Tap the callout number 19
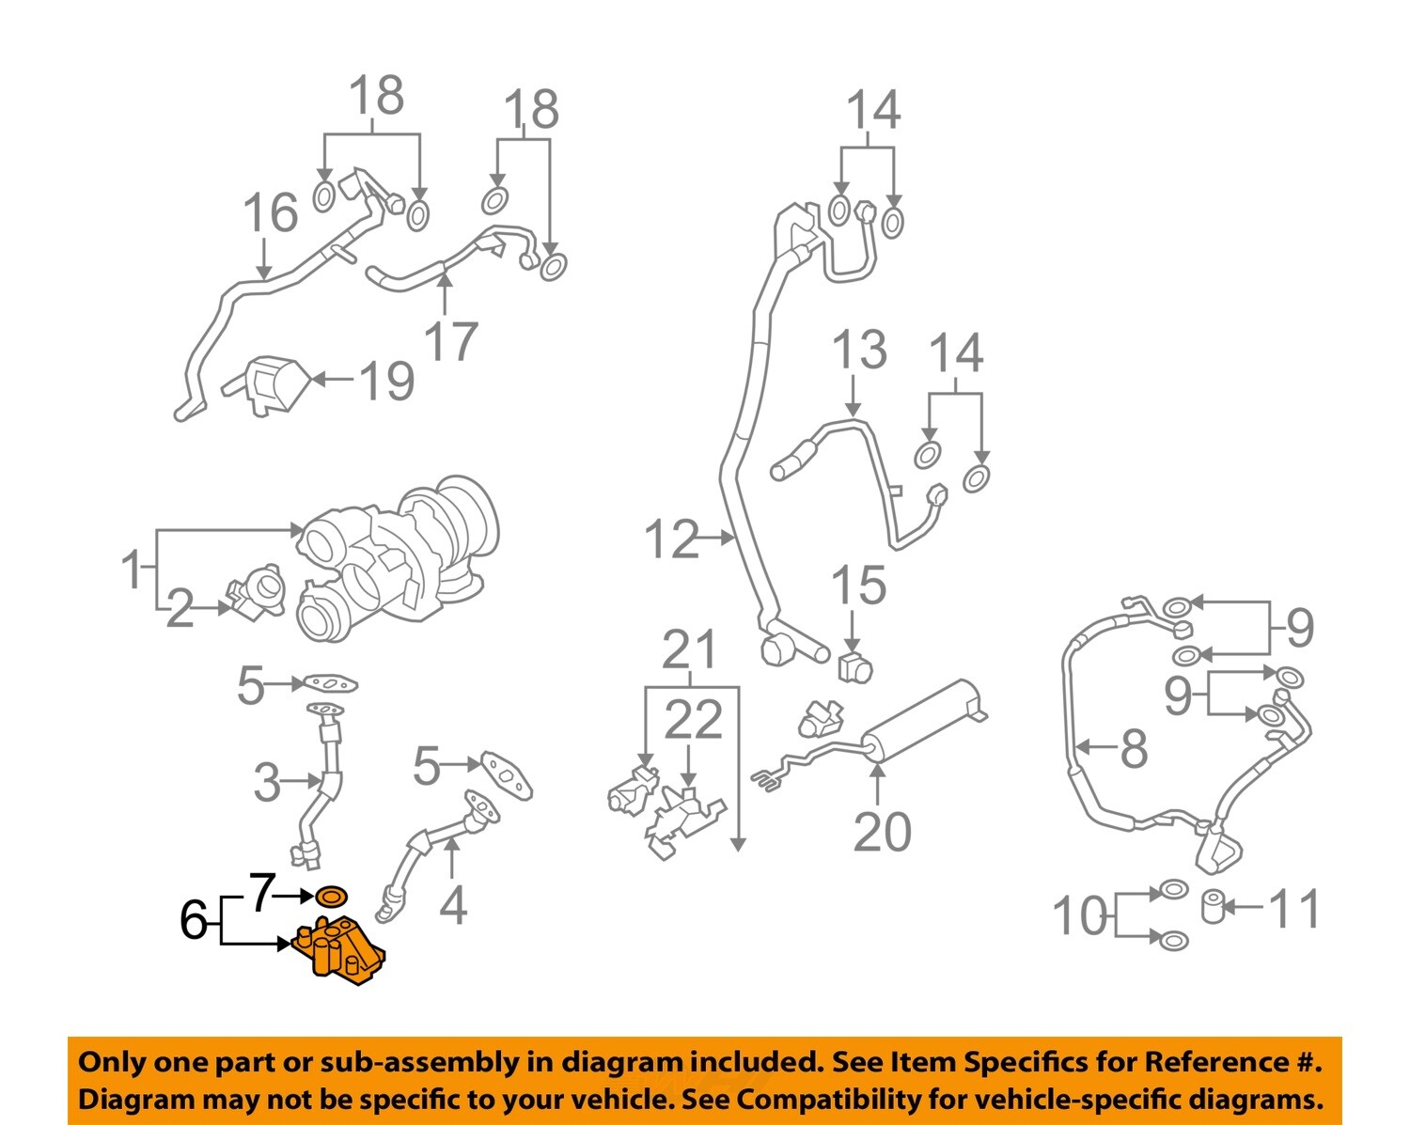click(386, 381)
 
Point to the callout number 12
click(671, 539)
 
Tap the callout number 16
click(270, 212)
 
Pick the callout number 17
click(451, 340)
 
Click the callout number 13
click(858, 350)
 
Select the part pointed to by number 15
click(854, 666)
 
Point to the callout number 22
click(694, 721)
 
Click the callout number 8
click(1134, 748)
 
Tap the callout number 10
click(1079, 915)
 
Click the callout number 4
click(453, 905)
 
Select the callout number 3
click(267, 782)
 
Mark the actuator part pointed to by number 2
click(257, 593)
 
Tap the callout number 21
click(690, 649)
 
